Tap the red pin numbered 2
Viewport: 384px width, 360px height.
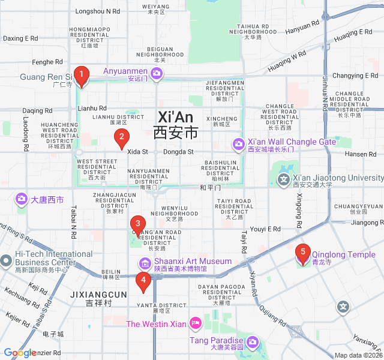(121, 139)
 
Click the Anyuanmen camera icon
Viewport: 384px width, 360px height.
(156, 73)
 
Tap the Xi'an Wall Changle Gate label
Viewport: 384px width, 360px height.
(292, 142)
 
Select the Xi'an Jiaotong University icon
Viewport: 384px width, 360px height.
(283, 178)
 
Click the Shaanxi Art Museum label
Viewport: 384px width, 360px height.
(193, 261)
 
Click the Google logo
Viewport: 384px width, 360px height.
(20, 353)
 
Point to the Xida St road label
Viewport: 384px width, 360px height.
(137, 152)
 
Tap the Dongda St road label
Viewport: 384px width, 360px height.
(179, 152)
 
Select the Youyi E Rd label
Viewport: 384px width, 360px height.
(265, 229)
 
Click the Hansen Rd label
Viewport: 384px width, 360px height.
(361, 154)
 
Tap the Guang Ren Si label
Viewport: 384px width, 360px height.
(46, 77)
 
